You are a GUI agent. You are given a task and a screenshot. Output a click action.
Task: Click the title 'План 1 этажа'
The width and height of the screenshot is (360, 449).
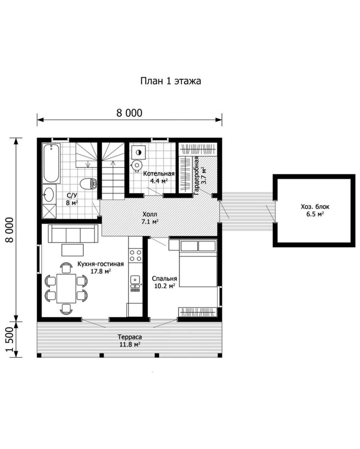[x=170, y=81]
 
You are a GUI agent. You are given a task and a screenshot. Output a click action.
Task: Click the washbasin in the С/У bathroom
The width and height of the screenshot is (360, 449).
[x=49, y=195]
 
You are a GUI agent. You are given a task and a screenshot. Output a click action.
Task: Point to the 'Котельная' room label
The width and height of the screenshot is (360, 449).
[x=159, y=174]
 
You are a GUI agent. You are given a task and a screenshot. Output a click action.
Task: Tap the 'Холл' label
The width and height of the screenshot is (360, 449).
[x=149, y=214]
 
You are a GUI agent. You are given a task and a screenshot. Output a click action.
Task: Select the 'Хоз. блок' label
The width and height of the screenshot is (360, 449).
[x=315, y=207]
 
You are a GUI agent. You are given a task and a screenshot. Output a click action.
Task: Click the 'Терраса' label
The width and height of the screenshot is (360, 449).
[x=129, y=337]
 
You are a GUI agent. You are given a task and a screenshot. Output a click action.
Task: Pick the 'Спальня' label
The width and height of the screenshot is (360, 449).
[x=165, y=279]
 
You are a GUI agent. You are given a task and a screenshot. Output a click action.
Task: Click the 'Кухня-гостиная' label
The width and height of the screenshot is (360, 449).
[x=101, y=264]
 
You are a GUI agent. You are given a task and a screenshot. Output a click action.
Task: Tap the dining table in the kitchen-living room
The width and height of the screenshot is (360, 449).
[x=66, y=288]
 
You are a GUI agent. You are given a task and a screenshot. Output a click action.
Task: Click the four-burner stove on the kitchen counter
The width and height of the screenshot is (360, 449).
[x=135, y=256]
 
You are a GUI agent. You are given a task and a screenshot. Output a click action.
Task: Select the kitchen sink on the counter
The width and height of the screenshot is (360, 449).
[x=135, y=280]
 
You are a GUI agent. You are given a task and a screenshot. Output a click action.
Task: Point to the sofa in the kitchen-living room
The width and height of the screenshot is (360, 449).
[x=73, y=234]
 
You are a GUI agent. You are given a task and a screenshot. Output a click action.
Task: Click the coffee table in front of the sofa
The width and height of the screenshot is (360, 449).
[x=72, y=250]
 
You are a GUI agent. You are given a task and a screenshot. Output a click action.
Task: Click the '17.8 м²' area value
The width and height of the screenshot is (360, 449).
[x=101, y=271]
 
